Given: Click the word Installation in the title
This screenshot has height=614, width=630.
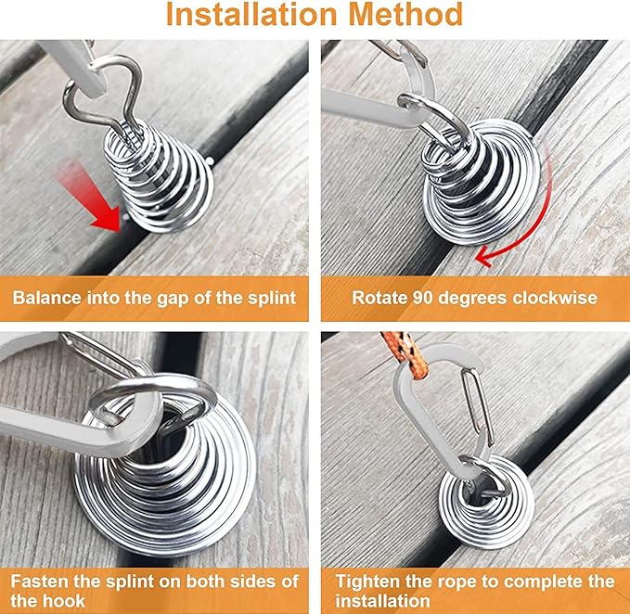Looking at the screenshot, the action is pos(251,15).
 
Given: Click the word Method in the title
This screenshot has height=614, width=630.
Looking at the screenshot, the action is pos(405,15).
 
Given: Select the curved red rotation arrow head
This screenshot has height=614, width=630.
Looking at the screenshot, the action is pos(483,258).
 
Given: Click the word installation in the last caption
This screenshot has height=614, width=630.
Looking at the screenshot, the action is pos(382,601).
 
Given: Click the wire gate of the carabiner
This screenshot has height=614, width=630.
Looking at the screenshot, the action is pos(477,406).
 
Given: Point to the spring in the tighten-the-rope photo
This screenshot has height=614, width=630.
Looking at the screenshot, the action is pos(485,501).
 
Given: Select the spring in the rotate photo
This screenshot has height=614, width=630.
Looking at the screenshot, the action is pos(482,185).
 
